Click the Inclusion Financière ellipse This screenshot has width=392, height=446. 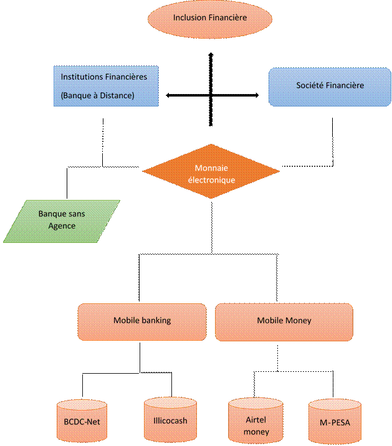click(210, 18)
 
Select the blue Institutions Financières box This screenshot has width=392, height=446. click(105, 86)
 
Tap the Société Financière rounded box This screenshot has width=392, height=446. click(330, 85)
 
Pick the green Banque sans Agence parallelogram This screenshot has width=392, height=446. click(62, 221)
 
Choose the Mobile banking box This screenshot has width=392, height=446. click(142, 321)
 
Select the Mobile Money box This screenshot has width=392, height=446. click(284, 321)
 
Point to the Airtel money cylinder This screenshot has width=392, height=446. click(252, 422)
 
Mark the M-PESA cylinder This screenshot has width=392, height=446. click(334, 422)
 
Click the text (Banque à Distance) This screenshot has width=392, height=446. click(98, 95)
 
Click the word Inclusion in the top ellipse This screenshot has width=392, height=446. click(190, 17)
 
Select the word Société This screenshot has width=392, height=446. click(311, 85)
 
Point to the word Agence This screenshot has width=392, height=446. click(62, 225)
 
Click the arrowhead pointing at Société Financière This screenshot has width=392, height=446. click(257, 95)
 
